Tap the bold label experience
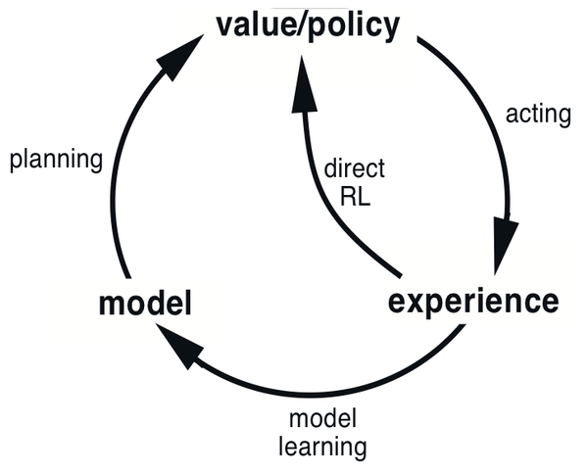473,301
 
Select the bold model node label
144,305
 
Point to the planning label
56,160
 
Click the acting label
537,114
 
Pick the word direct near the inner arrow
354,167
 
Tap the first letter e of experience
397,302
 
